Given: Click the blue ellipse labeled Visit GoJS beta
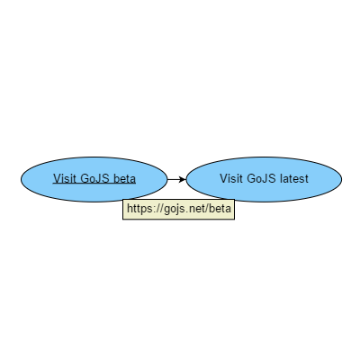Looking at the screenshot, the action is click(94, 179).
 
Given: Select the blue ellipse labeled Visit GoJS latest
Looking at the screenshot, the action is click(264, 179).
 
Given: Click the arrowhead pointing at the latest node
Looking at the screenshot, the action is click(182, 179).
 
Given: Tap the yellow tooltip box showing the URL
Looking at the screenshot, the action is click(178, 209).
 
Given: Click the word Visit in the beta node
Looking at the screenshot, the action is click(65, 178).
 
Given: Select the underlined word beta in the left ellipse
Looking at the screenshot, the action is click(125, 178).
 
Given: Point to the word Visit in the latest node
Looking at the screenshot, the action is click(231, 178).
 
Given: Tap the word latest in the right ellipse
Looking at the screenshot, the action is click(294, 178).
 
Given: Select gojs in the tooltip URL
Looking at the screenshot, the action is click(173, 210).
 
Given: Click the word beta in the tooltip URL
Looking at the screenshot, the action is click(220, 208).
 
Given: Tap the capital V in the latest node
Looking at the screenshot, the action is click(224, 178).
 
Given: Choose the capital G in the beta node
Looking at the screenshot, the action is click(85, 178).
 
